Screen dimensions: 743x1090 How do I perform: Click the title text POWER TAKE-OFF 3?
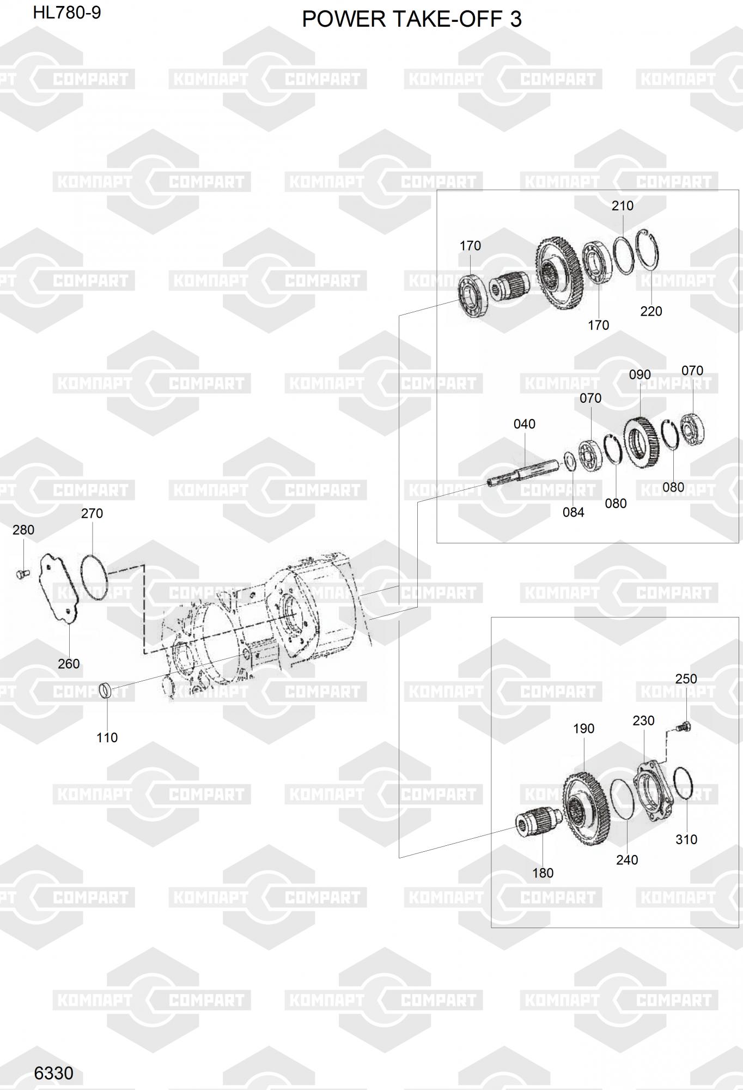tap(412, 20)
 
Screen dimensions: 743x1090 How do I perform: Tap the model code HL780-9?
tap(67, 13)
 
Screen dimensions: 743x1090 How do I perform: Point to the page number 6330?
tap(53, 1073)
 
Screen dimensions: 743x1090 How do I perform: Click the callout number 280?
tap(23, 530)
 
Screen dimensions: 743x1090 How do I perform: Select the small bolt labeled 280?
tap(22, 573)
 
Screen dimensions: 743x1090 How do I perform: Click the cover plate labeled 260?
tap(59, 589)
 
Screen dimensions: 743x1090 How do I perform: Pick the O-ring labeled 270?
tap(94, 578)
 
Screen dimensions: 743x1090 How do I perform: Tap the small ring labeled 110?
tap(107, 691)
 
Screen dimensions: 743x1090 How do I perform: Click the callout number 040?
tap(525, 424)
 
